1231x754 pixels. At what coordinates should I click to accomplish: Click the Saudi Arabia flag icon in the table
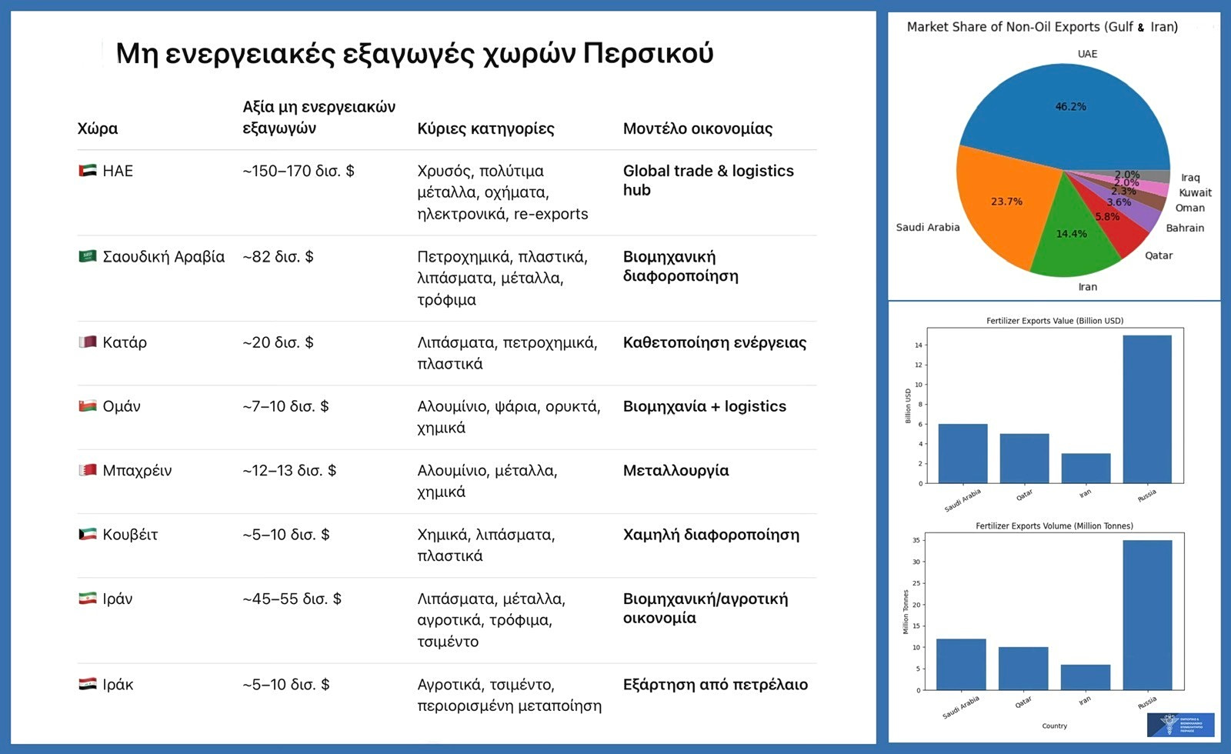(88, 256)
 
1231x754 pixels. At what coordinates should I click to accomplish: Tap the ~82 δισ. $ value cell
(278, 257)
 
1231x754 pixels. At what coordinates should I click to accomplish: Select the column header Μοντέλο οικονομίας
(697, 128)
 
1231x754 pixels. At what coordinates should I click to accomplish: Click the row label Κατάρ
(125, 342)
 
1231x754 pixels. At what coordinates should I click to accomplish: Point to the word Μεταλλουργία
(676, 470)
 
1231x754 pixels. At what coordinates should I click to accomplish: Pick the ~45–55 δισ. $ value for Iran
(292, 599)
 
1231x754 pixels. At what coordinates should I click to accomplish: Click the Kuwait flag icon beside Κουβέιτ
(88, 534)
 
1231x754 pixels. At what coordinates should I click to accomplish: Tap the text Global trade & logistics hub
(708, 180)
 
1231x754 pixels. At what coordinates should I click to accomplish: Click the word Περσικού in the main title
(648, 53)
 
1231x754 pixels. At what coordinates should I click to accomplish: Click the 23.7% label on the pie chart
(1006, 202)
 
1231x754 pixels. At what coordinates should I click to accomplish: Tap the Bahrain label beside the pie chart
(1184, 228)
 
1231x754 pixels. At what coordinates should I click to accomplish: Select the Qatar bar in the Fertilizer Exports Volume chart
(1023, 668)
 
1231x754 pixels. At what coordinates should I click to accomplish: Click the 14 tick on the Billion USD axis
(918, 345)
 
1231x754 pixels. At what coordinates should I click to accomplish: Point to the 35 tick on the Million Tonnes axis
(916, 540)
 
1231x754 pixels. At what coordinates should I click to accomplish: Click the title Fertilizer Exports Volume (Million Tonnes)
(1054, 526)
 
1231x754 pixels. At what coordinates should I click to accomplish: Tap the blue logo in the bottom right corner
(1180, 725)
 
